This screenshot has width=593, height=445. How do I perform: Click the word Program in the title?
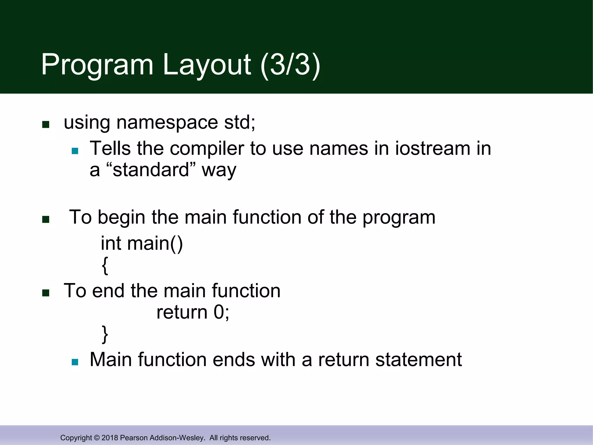(97, 65)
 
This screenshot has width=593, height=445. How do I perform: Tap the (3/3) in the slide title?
(290, 65)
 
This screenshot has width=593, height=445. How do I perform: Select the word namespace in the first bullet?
(167, 123)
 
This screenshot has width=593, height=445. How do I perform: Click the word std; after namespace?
(240, 122)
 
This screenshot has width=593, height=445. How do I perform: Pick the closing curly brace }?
(105, 335)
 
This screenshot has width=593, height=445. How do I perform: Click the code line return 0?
(193, 312)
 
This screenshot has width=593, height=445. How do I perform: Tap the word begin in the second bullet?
(121, 218)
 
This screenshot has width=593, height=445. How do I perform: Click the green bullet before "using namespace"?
(46, 125)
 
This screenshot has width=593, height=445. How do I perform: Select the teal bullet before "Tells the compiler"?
(75, 151)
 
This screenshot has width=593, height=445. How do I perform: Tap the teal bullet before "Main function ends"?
(75, 362)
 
